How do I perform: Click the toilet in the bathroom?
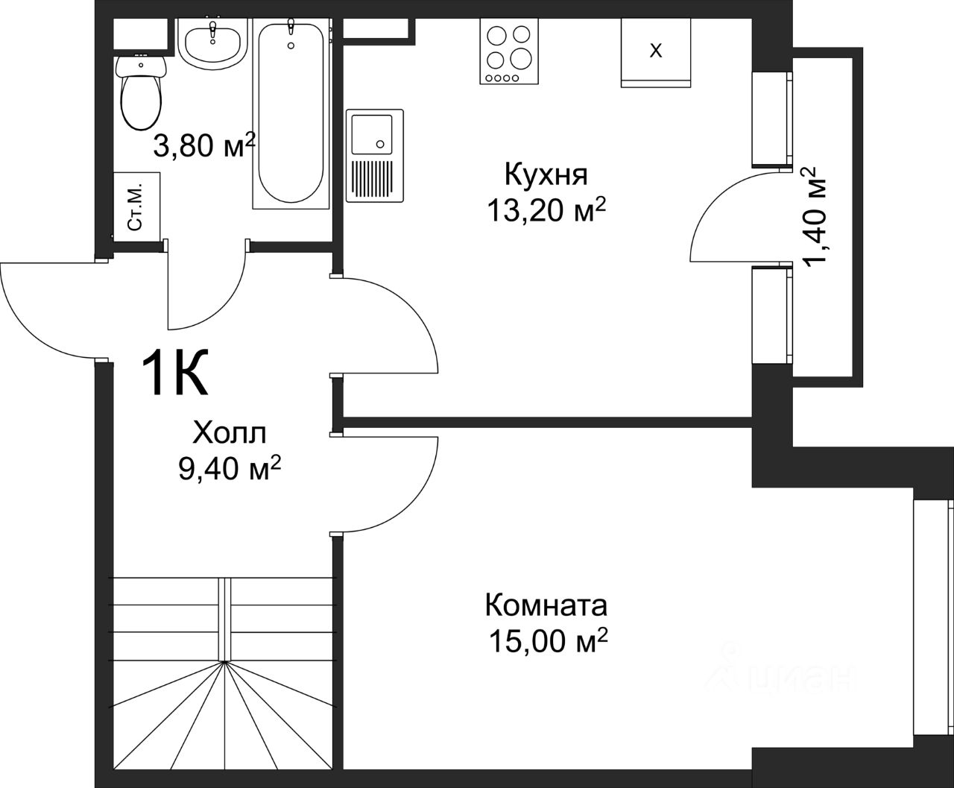(141, 92)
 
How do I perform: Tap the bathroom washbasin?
(212, 43)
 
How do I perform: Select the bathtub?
(291, 113)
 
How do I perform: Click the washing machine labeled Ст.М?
(136, 207)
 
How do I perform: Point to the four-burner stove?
(509, 51)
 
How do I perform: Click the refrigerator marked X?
(656, 53)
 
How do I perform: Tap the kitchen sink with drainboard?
(375, 155)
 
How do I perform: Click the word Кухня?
(546, 174)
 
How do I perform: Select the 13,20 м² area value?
(546, 209)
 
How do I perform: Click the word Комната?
(546, 605)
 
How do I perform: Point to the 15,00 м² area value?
(548, 640)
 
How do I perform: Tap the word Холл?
(229, 432)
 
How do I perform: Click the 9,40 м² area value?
(230, 468)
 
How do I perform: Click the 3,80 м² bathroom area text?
(203, 145)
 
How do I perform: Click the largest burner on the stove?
(521, 58)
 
